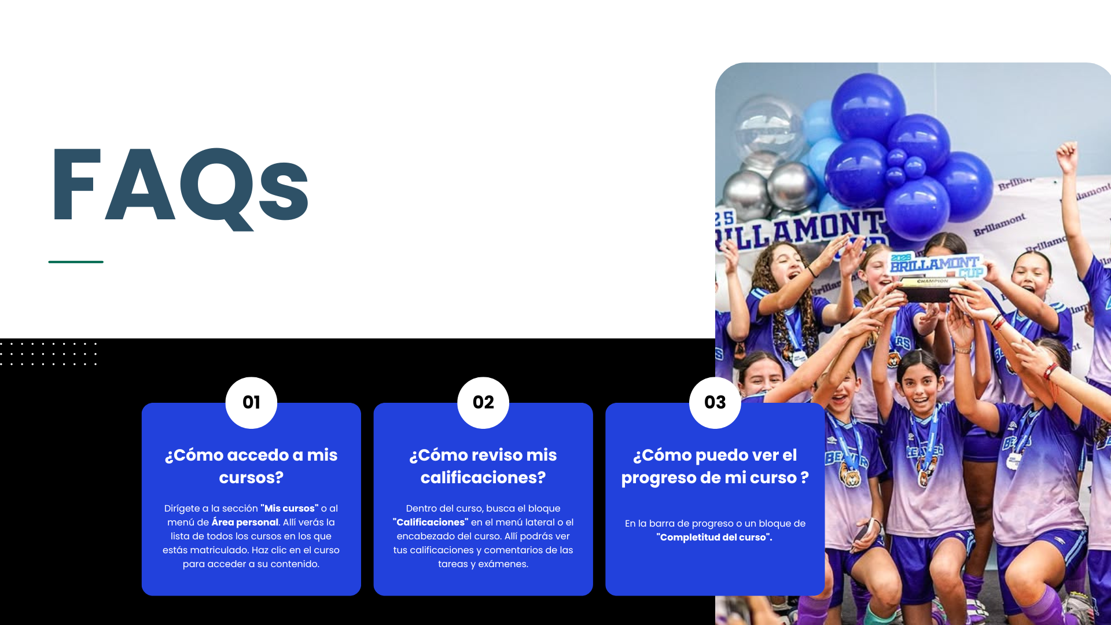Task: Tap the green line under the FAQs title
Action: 76,262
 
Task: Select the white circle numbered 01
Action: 251,403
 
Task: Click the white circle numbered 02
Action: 483,403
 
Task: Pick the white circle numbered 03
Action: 715,403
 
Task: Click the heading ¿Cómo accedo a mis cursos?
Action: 251,466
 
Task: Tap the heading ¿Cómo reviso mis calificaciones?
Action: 483,466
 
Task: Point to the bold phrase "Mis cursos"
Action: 289,508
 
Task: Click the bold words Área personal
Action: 245,522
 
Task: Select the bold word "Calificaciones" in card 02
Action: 431,522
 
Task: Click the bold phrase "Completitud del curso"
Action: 714,537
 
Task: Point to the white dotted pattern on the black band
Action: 49,354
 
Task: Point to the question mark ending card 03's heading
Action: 804,477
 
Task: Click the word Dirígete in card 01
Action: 182,509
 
